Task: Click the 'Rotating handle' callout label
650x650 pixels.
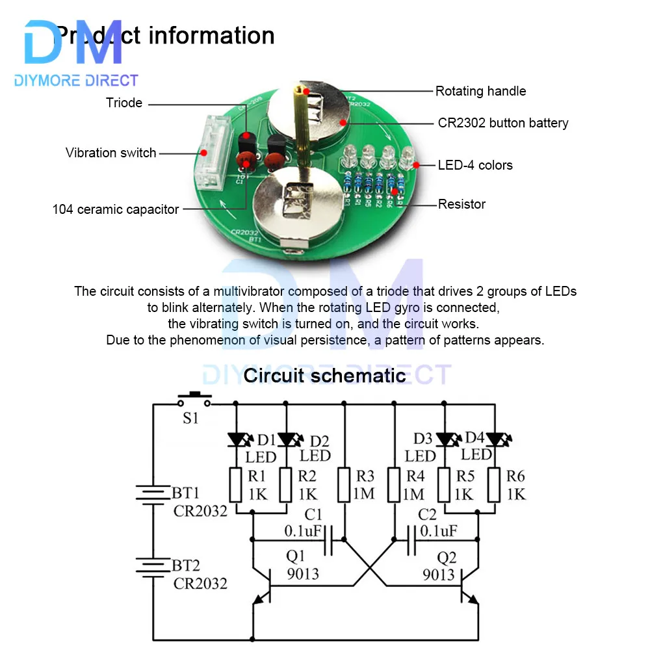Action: (x=480, y=91)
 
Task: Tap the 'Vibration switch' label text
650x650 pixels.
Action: (x=110, y=153)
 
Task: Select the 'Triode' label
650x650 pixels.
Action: (x=124, y=103)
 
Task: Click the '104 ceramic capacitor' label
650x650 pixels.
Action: (x=116, y=209)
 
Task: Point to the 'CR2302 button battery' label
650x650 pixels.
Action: (x=503, y=123)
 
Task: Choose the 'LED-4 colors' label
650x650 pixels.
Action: (x=475, y=165)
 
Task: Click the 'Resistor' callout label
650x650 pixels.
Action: (x=461, y=204)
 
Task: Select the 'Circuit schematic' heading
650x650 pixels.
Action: (x=324, y=375)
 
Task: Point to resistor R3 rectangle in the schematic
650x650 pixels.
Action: (x=344, y=484)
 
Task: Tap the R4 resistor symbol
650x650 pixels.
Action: (x=395, y=484)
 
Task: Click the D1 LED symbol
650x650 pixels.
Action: (x=235, y=440)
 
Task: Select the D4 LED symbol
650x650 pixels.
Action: (x=495, y=440)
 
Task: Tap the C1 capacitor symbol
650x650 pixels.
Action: (x=328, y=539)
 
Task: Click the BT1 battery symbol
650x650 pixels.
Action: (x=153, y=495)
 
